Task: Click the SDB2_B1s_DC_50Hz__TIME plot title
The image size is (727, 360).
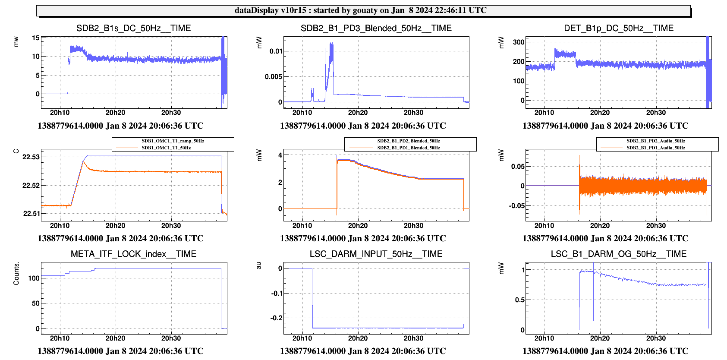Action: [x=133, y=28]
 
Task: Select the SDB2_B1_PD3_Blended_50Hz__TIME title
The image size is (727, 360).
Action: [x=376, y=28]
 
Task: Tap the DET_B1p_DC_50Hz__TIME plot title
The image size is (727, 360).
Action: [x=618, y=28]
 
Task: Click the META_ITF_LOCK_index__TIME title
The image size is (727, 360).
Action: [x=133, y=254]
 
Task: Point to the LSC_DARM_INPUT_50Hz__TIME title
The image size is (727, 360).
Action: [x=376, y=254]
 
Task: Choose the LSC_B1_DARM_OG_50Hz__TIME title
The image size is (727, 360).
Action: [x=618, y=254]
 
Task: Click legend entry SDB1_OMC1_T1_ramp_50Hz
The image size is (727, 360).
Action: [x=173, y=141]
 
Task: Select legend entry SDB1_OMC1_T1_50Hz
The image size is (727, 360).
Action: [x=166, y=148]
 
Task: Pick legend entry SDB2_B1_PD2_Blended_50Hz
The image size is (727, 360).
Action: [x=408, y=141]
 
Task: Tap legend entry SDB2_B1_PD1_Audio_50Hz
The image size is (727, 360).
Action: [x=655, y=148]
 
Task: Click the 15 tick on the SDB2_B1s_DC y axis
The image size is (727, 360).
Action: [x=35, y=38]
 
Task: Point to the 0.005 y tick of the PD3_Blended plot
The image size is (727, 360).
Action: [x=274, y=77]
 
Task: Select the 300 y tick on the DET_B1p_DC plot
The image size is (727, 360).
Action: [x=519, y=42]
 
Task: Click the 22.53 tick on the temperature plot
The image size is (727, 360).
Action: [x=31, y=157]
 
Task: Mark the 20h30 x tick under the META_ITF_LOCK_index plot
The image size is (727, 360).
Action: [x=171, y=338]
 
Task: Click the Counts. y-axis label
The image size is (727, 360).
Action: [x=16, y=273]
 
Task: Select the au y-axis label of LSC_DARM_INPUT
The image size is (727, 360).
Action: [x=258, y=265]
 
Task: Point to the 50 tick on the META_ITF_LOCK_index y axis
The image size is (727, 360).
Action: [x=35, y=303]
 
